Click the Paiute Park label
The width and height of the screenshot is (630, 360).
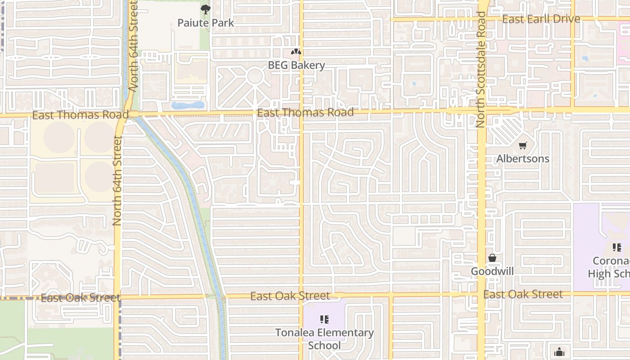tap(206, 22)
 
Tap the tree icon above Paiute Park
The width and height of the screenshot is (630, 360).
tap(205, 9)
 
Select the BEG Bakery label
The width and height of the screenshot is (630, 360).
tap(296, 65)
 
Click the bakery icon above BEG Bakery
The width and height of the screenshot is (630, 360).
tap(296, 52)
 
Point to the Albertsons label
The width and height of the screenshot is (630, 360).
tap(522, 159)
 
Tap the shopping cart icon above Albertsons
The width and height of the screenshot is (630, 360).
tap(522, 145)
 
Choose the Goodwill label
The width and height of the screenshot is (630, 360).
tap(492, 271)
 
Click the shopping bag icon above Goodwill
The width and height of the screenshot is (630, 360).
tap(492, 258)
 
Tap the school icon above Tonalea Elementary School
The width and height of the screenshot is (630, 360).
tap(324, 319)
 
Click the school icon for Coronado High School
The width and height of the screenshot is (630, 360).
tap(616, 247)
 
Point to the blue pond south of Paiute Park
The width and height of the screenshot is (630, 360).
tap(188, 106)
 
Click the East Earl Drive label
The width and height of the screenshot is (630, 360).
tap(541, 19)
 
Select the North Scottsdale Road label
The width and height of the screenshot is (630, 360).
tap(481, 69)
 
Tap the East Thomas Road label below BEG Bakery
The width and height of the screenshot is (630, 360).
tap(306, 112)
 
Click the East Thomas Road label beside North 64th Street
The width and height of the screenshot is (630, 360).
tap(74, 115)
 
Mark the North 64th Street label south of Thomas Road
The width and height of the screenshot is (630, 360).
tap(117, 180)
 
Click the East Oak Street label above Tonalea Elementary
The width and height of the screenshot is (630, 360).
tap(290, 296)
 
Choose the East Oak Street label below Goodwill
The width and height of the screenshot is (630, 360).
tap(523, 294)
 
